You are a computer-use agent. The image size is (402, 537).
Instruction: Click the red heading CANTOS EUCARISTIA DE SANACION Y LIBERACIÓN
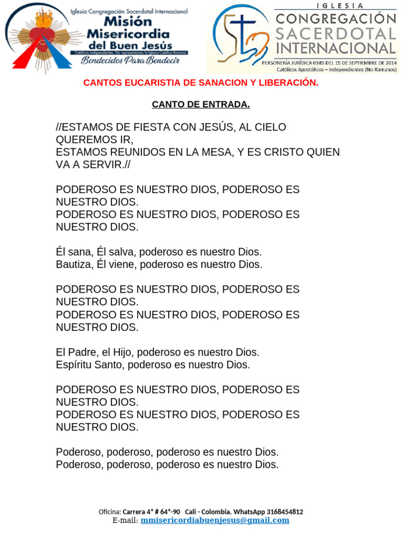(201, 83)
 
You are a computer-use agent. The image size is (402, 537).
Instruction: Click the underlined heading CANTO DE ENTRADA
(201, 104)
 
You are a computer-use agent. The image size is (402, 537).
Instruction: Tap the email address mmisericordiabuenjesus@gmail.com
(215, 520)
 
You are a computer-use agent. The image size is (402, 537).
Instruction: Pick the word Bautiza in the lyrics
(74, 264)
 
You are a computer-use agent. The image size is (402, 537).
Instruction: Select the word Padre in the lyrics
(84, 352)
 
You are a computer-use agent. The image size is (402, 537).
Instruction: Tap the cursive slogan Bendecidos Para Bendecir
(130, 61)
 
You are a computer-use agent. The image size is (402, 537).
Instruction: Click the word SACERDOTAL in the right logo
(336, 34)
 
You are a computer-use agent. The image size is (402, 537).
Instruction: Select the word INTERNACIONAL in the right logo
(336, 49)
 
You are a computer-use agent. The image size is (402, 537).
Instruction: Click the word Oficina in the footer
(109, 511)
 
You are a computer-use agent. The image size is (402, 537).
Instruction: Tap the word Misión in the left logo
(128, 22)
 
